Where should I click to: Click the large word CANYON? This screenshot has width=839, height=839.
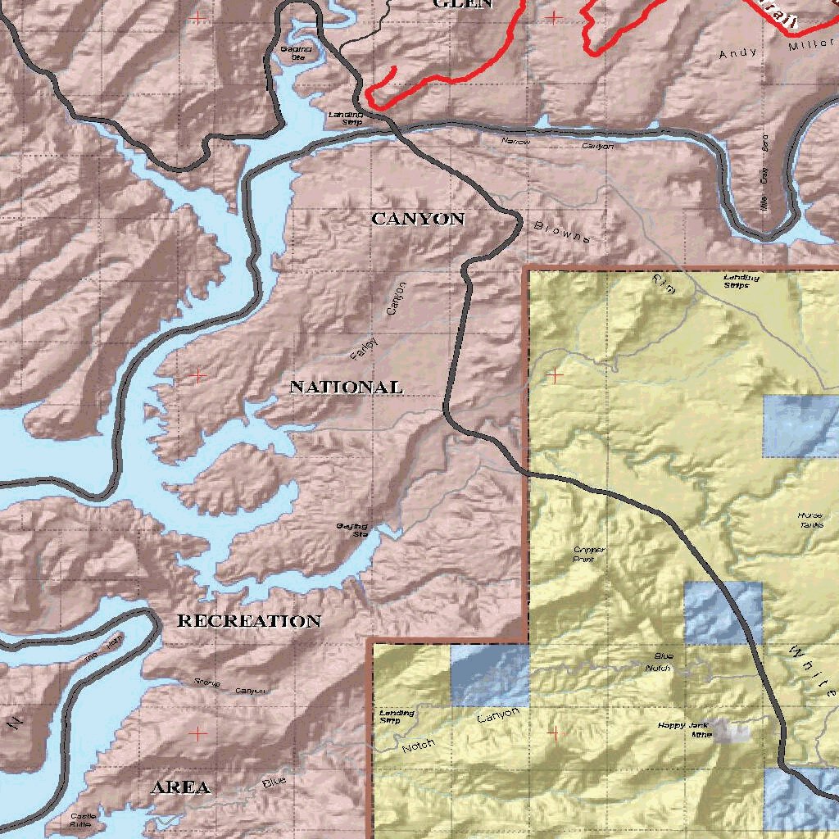pyautogui.click(x=418, y=219)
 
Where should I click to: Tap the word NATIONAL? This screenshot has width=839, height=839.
pyautogui.click(x=346, y=387)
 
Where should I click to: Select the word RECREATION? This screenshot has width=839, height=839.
pyautogui.click(x=249, y=621)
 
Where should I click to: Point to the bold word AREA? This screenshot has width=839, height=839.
pyautogui.click(x=180, y=787)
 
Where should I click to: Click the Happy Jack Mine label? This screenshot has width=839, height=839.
pyautogui.click(x=683, y=729)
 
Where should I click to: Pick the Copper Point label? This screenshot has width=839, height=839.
pyautogui.click(x=589, y=555)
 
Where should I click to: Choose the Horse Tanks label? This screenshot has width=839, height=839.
pyautogui.click(x=810, y=519)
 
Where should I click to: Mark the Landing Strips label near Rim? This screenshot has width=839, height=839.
pyautogui.click(x=741, y=281)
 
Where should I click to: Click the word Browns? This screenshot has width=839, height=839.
pyautogui.click(x=562, y=232)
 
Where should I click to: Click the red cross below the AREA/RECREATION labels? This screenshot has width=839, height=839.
pyautogui.click(x=197, y=732)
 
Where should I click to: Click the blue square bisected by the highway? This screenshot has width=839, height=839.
pyautogui.click(x=722, y=613)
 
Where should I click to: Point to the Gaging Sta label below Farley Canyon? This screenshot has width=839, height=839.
pyautogui.click(x=351, y=529)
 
